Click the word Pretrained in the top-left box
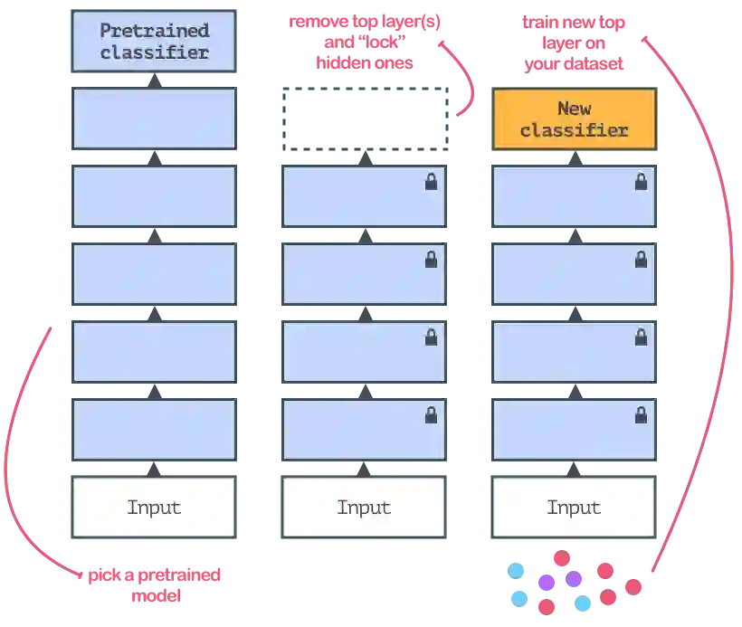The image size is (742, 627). (154, 31)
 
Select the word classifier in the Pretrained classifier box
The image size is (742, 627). (154, 52)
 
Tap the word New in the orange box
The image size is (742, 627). (574, 109)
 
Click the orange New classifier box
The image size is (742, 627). (574, 119)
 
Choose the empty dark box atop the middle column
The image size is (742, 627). (364, 119)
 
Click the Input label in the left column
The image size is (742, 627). (154, 508)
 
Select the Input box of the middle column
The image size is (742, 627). (364, 508)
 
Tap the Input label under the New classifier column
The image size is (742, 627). (574, 508)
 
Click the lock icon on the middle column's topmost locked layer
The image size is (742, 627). (431, 182)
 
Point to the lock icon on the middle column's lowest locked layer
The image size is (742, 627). (431, 415)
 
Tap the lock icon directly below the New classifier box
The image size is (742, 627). (641, 182)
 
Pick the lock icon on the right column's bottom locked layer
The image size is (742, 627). (641, 415)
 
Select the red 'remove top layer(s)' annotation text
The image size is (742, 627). (366, 43)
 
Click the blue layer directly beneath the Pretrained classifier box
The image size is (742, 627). (154, 119)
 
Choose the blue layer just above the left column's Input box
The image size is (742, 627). (154, 430)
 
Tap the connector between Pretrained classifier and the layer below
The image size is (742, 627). (154, 80)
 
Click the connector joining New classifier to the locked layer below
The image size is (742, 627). (574, 157)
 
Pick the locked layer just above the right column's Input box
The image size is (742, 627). (574, 430)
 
